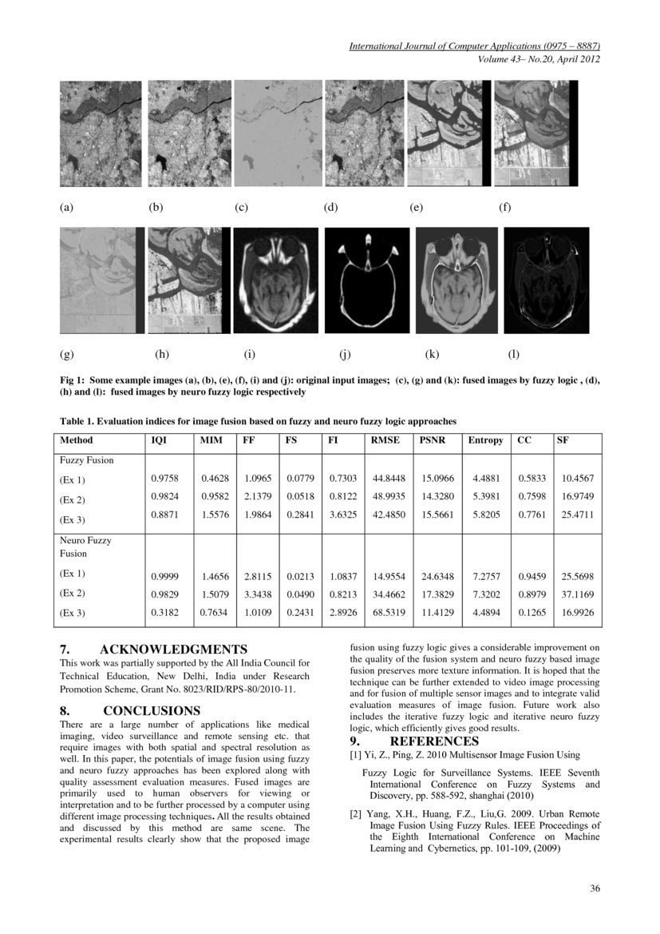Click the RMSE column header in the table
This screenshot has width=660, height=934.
coord(384,440)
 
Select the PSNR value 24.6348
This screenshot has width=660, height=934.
coord(437,575)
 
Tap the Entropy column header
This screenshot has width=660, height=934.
coord(485,440)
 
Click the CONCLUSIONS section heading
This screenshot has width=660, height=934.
coord(151,710)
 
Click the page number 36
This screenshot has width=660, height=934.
coord(595,888)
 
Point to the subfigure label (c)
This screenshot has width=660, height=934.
coord(241,208)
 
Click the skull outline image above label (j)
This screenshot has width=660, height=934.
coord(367,280)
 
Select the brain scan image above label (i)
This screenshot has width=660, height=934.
coord(275,280)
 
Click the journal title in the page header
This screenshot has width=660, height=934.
coord(474,46)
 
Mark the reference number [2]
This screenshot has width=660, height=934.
coord(356,814)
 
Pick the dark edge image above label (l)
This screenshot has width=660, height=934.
coord(548,280)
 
